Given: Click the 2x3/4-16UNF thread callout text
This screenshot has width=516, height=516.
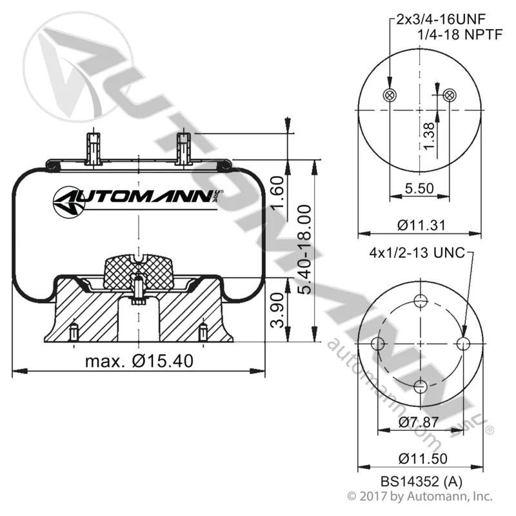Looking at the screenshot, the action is [x=441, y=19].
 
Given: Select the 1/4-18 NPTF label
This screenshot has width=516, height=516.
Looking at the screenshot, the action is [x=461, y=34].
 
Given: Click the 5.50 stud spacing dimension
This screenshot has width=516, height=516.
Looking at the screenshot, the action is [x=419, y=188].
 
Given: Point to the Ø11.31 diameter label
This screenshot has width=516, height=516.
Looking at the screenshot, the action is [x=421, y=225].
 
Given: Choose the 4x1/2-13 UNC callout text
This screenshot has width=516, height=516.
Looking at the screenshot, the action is [x=417, y=253].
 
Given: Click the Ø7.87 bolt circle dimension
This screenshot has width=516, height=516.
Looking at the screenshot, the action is [x=419, y=422].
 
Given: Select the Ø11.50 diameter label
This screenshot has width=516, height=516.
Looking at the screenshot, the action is [x=422, y=459].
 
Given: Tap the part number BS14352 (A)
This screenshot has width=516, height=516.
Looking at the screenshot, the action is [x=421, y=481].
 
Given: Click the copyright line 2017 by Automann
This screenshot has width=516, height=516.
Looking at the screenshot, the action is [x=420, y=496].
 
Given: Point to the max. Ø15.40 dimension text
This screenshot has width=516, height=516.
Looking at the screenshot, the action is [x=139, y=361].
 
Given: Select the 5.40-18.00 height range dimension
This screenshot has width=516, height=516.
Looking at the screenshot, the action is [x=304, y=249].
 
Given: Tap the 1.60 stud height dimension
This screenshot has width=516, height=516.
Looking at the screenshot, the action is [x=277, y=192].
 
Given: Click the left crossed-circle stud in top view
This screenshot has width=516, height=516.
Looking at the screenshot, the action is [x=390, y=95].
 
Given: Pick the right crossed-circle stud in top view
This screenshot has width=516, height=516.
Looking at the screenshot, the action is [x=449, y=95].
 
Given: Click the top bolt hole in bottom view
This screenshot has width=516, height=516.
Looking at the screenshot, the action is [x=421, y=301].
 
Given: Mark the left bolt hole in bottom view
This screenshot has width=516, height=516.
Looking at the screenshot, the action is [x=378, y=344].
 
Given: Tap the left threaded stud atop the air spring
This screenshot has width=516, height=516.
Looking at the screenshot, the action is [x=94, y=149].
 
